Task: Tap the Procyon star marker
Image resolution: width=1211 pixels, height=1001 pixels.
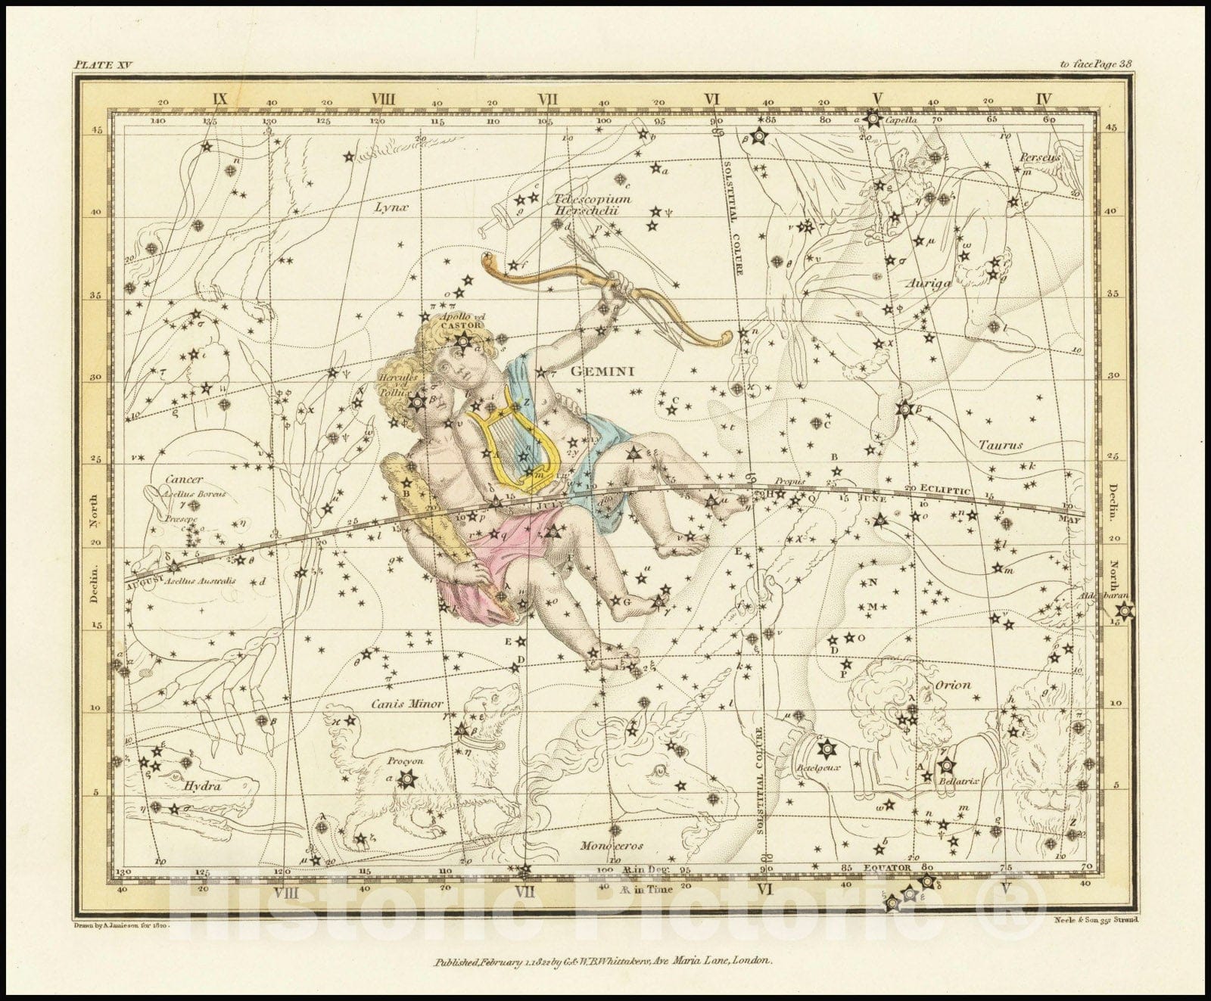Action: click(409, 777)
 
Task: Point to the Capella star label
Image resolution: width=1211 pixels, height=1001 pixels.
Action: click(901, 120)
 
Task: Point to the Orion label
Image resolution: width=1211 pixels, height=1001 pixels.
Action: click(953, 685)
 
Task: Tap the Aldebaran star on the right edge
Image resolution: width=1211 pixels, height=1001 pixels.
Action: click(1125, 611)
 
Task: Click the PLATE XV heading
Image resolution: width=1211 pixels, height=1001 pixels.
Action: click(103, 65)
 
